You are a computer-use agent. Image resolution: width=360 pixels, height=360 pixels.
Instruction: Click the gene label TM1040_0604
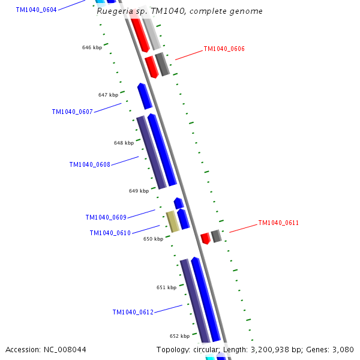pyautogui.click(x=37, y=10)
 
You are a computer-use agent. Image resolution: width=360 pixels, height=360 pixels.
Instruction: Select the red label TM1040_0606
pyautogui.click(x=224, y=49)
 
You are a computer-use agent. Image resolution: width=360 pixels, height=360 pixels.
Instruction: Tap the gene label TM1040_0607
pyautogui.click(x=72, y=112)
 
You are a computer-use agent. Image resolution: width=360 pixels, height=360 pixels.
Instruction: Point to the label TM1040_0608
pyautogui.click(x=89, y=164)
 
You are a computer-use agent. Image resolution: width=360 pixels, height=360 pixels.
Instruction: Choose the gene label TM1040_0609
pyautogui.click(x=106, y=217)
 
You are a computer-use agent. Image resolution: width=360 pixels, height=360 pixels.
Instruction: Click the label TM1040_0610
pyautogui.click(x=110, y=233)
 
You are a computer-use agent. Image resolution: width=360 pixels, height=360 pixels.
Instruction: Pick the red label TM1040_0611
pyautogui.click(x=278, y=223)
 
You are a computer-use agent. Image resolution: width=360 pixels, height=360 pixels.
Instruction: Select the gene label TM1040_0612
pyautogui.click(x=133, y=312)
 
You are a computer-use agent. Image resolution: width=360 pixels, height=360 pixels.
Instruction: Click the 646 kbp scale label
pyautogui.click(x=92, y=47)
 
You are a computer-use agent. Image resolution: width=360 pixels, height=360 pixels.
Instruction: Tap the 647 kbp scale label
pyautogui.click(x=108, y=95)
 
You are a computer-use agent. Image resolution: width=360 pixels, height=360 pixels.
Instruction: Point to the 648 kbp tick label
pyautogui.click(x=124, y=143)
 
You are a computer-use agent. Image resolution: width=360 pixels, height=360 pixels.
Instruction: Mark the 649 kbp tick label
pyautogui.click(x=139, y=191)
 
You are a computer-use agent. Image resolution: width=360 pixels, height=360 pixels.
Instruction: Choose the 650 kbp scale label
pyautogui.click(x=153, y=239)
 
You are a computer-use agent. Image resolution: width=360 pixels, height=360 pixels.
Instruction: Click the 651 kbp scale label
pyautogui.click(x=166, y=287)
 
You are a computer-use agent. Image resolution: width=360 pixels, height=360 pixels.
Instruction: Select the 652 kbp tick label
pyautogui.click(x=179, y=336)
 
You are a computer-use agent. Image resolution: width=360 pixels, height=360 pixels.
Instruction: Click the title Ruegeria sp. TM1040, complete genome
pyautogui.click(x=179, y=11)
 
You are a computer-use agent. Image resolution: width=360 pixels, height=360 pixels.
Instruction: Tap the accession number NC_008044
pyautogui.click(x=46, y=349)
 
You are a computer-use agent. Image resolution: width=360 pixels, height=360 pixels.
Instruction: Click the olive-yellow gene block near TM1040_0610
pyautogui.click(x=173, y=221)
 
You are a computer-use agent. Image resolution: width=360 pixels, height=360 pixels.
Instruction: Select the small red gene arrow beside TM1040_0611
pyautogui.click(x=205, y=238)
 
